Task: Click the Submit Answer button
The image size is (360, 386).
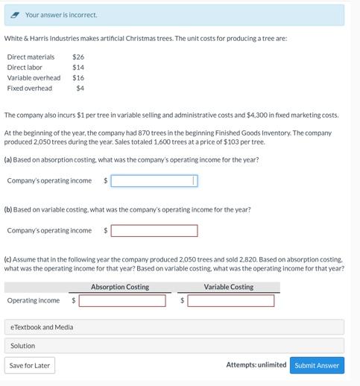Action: click(317, 365)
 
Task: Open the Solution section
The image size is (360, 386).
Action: click(22, 346)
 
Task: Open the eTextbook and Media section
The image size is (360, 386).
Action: click(42, 327)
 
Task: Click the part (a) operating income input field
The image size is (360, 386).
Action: click(154, 180)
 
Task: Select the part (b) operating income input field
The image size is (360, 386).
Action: click(154, 231)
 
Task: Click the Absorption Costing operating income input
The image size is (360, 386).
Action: click(122, 301)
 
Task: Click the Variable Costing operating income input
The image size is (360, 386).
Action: click(230, 301)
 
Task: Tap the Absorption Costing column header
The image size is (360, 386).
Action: click(120, 287)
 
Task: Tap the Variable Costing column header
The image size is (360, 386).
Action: click(228, 287)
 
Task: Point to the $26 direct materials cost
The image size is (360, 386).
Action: click(78, 57)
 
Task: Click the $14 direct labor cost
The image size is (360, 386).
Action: click(78, 67)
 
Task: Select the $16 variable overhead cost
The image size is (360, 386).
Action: click(78, 77)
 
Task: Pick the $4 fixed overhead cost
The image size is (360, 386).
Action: click(80, 88)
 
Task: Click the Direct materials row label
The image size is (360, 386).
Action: click(31, 57)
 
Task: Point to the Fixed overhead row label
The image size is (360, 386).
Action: click(30, 88)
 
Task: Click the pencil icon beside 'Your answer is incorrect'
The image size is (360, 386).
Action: click(16, 15)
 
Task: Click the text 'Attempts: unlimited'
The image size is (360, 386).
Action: click(256, 365)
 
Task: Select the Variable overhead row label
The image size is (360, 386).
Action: click(34, 77)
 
